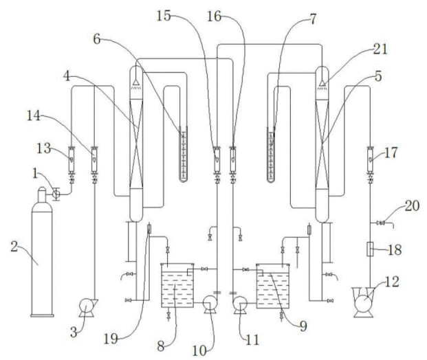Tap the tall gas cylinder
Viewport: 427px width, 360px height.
(x=47, y=261)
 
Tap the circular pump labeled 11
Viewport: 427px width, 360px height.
(x=240, y=301)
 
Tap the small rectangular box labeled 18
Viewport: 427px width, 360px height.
(x=370, y=248)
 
